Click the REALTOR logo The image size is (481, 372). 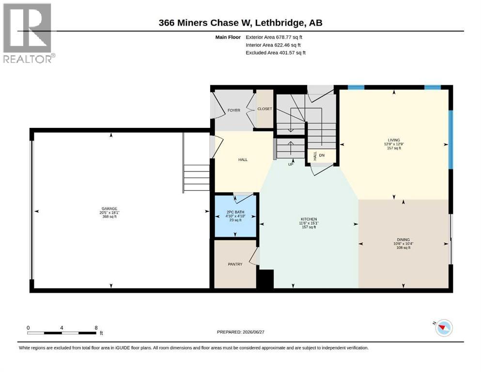click(x=29, y=33)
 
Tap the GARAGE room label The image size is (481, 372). click(x=109, y=209)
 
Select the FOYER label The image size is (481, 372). click(x=234, y=110)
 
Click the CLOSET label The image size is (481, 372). click(x=265, y=109)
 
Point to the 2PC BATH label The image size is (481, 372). click(x=235, y=212)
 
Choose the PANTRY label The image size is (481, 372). click(x=235, y=264)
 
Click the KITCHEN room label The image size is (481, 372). click(x=309, y=219)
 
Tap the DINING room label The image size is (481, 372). click(x=403, y=239)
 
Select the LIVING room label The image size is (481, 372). click(x=394, y=140)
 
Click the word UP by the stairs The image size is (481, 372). click(x=291, y=164)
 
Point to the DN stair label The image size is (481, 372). click(x=322, y=155)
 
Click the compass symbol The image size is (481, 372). click(x=443, y=328)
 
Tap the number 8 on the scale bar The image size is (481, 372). click(x=96, y=328)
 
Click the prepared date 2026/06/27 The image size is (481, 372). click(x=253, y=332)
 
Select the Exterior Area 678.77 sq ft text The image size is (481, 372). click(x=274, y=37)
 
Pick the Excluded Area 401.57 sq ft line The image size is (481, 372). click(x=276, y=52)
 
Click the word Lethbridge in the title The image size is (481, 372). click(x=280, y=23)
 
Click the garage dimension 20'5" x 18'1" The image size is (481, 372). click(x=109, y=213)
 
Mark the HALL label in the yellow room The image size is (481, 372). click(x=243, y=159)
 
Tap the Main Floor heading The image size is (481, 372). click(x=228, y=37)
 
